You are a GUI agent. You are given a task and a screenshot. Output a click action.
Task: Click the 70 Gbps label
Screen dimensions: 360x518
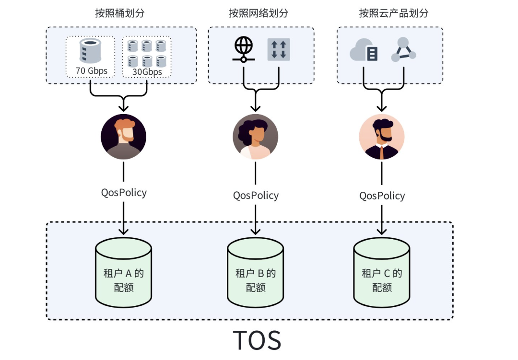click(91, 71)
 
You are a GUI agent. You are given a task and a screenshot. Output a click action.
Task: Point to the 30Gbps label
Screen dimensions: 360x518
click(147, 72)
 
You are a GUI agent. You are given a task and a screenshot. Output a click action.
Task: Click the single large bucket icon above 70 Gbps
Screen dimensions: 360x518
click(90, 51)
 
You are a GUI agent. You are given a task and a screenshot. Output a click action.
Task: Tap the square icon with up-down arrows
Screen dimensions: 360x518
click(279, 50)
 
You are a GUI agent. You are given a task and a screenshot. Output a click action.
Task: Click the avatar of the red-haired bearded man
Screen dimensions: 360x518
click(123, 137)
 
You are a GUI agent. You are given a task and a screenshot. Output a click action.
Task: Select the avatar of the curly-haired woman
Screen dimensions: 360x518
click(255, 137)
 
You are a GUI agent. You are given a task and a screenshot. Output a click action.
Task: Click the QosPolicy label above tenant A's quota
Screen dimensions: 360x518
click(124, 193)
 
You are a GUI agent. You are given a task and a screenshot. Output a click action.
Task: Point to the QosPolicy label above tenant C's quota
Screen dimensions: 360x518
click(382, 196)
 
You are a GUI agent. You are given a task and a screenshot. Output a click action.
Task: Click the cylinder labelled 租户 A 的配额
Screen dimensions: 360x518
click(124, 274)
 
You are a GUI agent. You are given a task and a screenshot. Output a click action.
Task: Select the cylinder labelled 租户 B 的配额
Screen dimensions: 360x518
click(255, 274)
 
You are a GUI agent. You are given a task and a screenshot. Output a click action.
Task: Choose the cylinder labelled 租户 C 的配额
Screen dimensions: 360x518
click(382, 274)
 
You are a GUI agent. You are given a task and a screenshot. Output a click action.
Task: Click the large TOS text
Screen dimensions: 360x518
click(258, 339)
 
